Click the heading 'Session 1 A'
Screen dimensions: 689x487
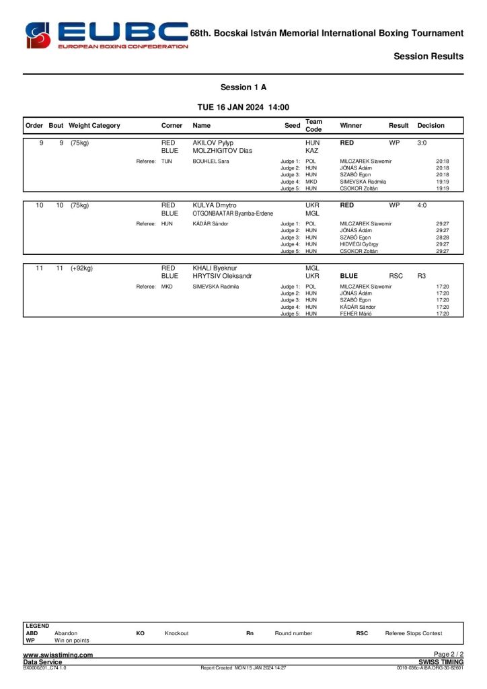(x=243, y=87)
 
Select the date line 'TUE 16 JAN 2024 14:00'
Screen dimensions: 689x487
(x=243, y=107)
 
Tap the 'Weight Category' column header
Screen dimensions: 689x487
(x=94, y=126)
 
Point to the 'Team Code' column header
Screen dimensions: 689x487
(x=313, y=126)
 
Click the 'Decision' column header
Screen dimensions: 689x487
(x=430, y=126)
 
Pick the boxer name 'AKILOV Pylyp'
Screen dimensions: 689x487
(x=213, y=143)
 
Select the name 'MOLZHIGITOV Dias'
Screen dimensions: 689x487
(x=222, y=151)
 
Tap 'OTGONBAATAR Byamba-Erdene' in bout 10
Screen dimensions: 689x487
(x=233, y=213)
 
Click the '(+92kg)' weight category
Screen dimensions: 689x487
(x=81, y=268)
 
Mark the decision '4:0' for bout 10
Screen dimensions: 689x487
(x=422, y=205)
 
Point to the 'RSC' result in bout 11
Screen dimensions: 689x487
(x=396, y=276)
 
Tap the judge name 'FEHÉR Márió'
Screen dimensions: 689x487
(x=357, y=314)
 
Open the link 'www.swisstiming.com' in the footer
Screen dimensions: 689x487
(x=58, y=655)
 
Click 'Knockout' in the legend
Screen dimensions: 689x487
(x=176, y=633)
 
